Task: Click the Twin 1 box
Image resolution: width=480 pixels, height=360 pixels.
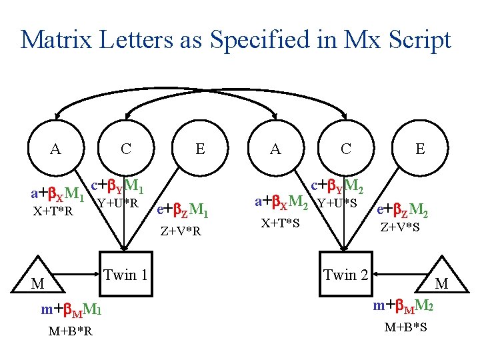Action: click(125, 274)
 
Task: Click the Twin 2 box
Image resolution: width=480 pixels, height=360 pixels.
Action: click(345, 274)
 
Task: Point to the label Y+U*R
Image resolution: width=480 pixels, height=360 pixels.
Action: click(117, 203)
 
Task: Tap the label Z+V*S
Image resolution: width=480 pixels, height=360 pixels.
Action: click(400, 227)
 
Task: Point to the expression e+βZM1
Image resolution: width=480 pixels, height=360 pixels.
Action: click(182, 212)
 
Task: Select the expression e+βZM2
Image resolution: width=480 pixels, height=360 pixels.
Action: click(402, 211)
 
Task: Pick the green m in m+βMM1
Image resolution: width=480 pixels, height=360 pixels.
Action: click(47, 309)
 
